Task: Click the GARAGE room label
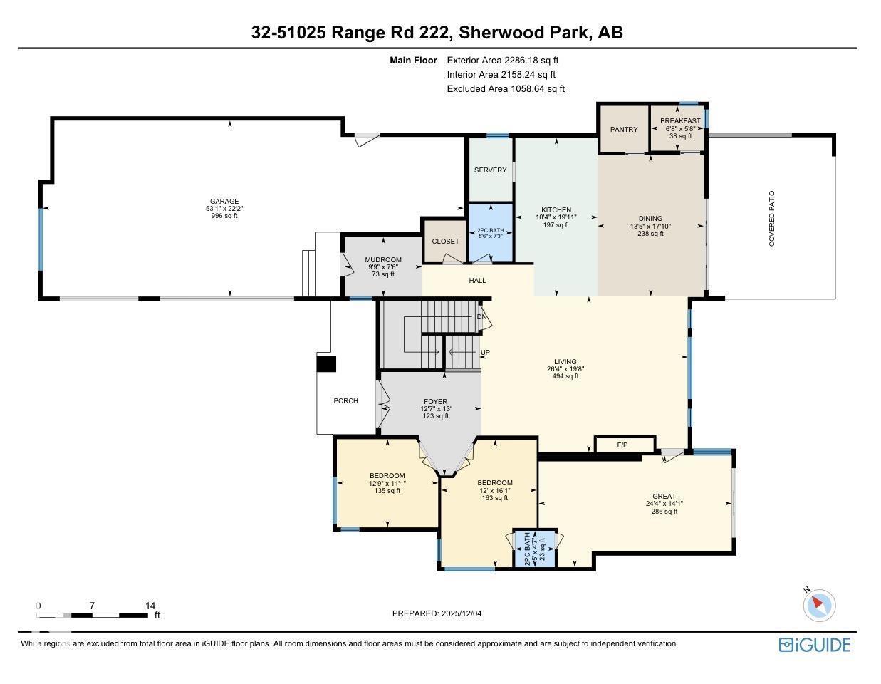[224, 201]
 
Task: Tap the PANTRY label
[624, 130]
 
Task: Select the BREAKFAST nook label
[679, 121]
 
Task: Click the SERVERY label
[490, 170]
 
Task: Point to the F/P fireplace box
[622, 445]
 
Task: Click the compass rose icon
[818, 606]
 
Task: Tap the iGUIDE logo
[815, 645]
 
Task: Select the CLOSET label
[445, 242]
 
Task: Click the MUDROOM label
[383, 260]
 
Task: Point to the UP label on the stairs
[485, 353]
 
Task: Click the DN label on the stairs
[481, 317]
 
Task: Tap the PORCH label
[345, 401]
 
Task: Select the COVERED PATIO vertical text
[771, 218]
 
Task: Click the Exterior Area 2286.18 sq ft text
[502, 61]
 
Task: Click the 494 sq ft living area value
[565, 376]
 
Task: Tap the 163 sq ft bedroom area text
[494, 498]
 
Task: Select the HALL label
[477, 281]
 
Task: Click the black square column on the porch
[326, 364]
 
